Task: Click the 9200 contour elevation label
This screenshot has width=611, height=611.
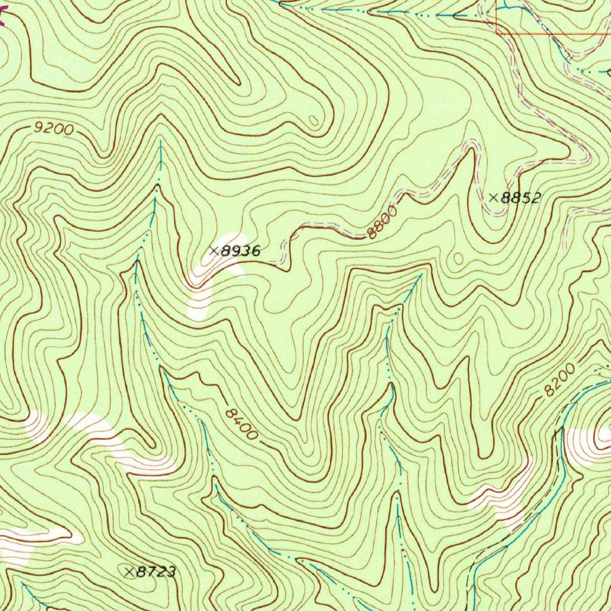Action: pyautogui.click(x=54, y=128)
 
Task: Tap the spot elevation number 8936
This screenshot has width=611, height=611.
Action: pyautogui.click(x=240, y=251)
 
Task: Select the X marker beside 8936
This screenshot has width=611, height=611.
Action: pyautogui.click(x=214, y=251)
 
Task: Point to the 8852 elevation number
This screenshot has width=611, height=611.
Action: pyautogui.click(x=520, y=198)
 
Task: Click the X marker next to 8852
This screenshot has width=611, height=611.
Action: pyautogui.click(x=494, y=198)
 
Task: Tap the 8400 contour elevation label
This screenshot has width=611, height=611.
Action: pyautogui.click(x=242, y=424)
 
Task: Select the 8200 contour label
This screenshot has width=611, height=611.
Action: pyautogui.click(x=559, y=381)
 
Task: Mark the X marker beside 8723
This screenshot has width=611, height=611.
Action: pyautogui.click(x=129, y=572)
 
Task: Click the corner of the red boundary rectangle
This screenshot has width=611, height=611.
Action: pyautogui.click(x=496, y=33)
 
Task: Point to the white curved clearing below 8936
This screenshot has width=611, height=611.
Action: pyautogui.click(x=203, y=292)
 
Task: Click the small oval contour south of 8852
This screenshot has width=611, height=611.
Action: pyautogui.click(x=458, y=258)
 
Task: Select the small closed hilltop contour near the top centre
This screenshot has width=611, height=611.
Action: pyautogui.click(x=314, y=121)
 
